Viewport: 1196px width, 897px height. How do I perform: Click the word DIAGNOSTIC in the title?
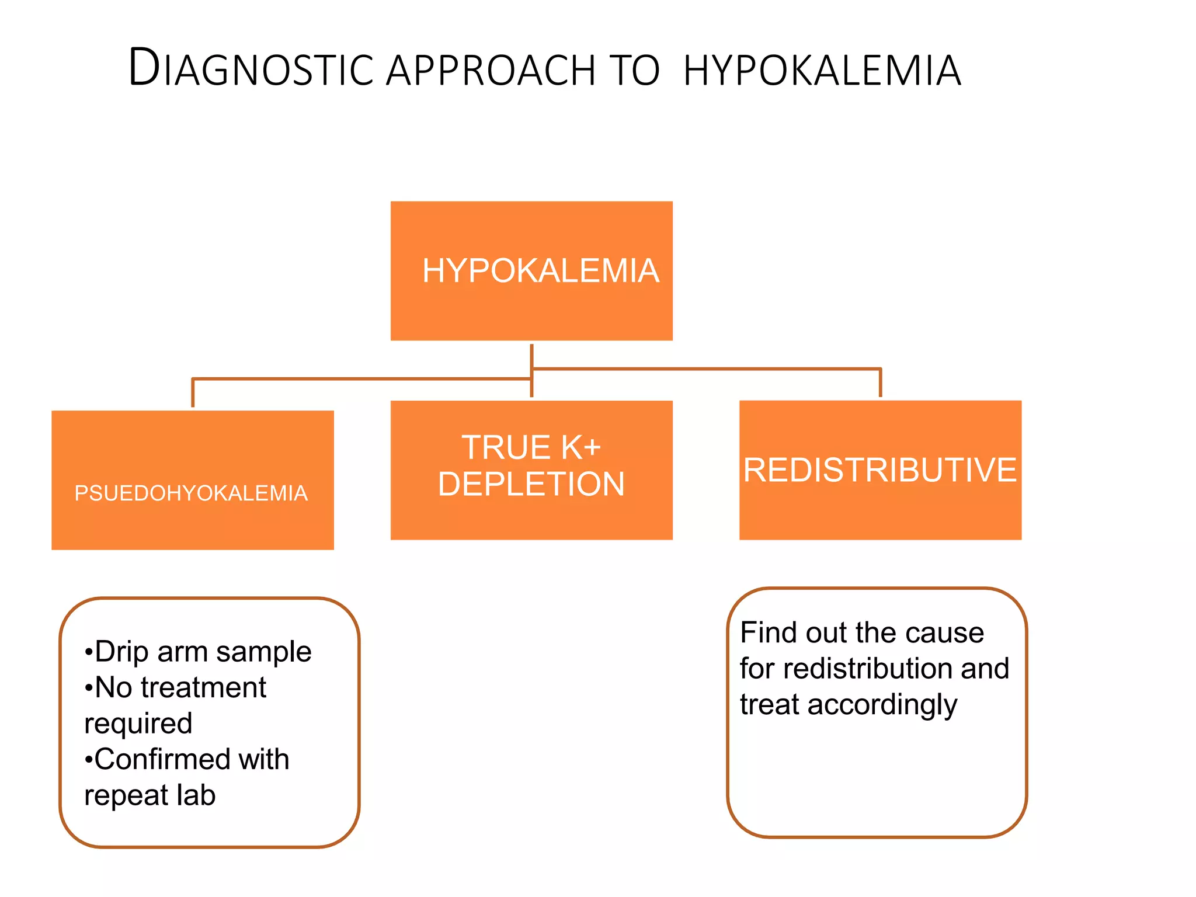tap(251, 69)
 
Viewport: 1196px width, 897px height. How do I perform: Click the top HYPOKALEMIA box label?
tap(540, 271)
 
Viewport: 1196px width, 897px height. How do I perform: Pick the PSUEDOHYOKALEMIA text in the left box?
tap(191, 493)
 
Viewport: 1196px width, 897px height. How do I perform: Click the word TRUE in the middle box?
tap(506, 448)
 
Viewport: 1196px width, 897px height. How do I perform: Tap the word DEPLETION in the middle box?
tap(531, 484)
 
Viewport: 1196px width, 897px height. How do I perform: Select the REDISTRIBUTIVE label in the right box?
tap(879, 470)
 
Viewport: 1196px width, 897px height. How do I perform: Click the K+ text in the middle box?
tap(581, 448)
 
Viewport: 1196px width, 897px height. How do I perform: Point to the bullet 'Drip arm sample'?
tap(199, 651)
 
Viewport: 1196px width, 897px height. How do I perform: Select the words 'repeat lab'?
tap(150, 795)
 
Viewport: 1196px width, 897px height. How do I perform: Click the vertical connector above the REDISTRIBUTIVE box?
tap(880, 384)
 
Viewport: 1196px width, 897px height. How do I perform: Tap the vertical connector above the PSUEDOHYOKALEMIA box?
tap(193, 393)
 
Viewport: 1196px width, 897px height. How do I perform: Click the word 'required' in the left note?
tap(138, 724)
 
